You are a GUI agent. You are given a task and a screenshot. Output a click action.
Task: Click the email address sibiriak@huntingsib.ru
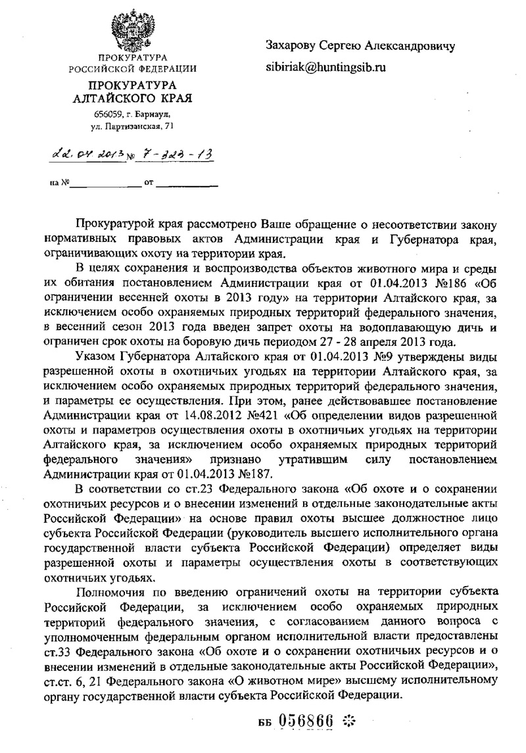(x=325, y=66)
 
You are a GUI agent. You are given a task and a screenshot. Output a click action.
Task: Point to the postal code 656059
(x=109, y=114)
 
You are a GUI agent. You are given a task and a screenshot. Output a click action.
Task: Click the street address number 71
(x=171, y=125)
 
